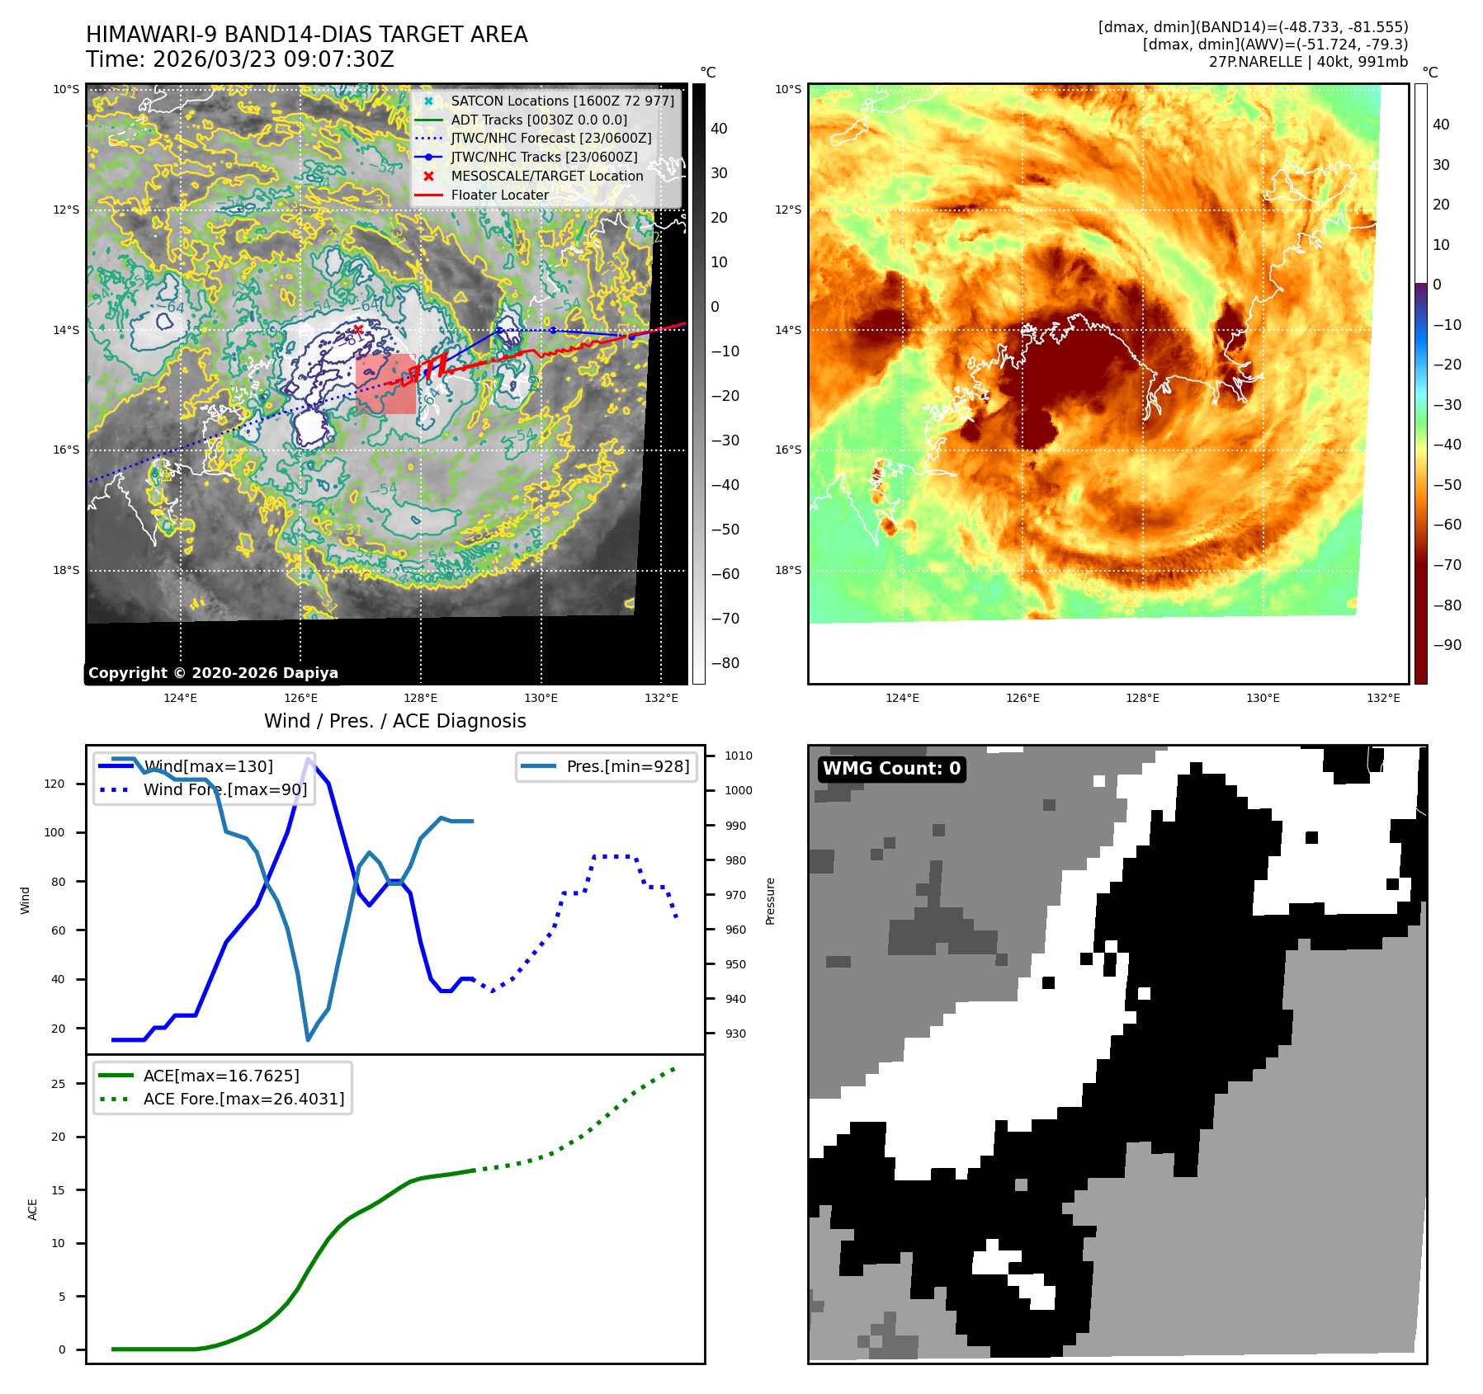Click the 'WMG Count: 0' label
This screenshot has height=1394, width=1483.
pos(891,769)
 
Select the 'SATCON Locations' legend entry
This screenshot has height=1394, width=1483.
pos(561,101)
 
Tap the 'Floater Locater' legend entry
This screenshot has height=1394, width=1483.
pos(499,195)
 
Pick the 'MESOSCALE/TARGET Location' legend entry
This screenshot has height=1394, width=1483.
pos(546,176)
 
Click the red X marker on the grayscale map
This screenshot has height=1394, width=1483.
pos(358,329)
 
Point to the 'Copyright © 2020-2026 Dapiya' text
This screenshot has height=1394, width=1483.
pos(213,673)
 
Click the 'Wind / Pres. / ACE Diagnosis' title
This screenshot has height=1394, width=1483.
pos(394,721)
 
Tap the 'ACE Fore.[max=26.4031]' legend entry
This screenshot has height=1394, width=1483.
pos(243,1099)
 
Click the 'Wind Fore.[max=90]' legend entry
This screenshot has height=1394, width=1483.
pos(224,789)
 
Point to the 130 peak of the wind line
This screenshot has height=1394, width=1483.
pos(309,759)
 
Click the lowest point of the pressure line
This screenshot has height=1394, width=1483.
pos(308,1039)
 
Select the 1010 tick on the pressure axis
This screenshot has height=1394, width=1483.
pos(739,756)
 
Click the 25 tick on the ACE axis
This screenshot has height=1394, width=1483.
pos(59,1084)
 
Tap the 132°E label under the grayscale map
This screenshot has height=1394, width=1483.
pos(661,698)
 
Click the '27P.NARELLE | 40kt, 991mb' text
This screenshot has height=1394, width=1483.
pos(1308,62)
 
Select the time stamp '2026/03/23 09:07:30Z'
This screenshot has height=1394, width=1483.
pos(273,59)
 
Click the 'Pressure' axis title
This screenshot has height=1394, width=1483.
pos(770,901)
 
